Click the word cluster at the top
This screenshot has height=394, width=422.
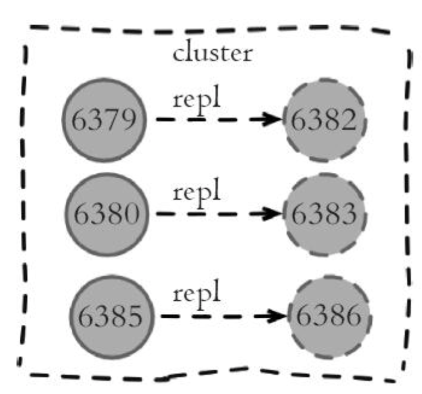(213, 52)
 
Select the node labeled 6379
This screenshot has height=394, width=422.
(105, 120)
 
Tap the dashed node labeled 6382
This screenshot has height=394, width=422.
(325, 120)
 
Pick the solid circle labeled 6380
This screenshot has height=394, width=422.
(107, 215)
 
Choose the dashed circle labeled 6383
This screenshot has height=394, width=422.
(325, 215)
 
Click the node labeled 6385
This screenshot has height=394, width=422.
(112, 317)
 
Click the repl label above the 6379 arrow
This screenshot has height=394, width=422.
(196, 100)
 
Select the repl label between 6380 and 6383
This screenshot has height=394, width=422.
(196, 193)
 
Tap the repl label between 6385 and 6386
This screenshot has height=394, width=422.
(196, 294)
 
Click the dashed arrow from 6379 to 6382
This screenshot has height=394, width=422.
(220, 119)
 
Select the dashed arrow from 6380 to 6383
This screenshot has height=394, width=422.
(220, 213)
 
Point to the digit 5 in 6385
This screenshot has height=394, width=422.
(135, 317)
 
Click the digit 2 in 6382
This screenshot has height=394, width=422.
(348, 120)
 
